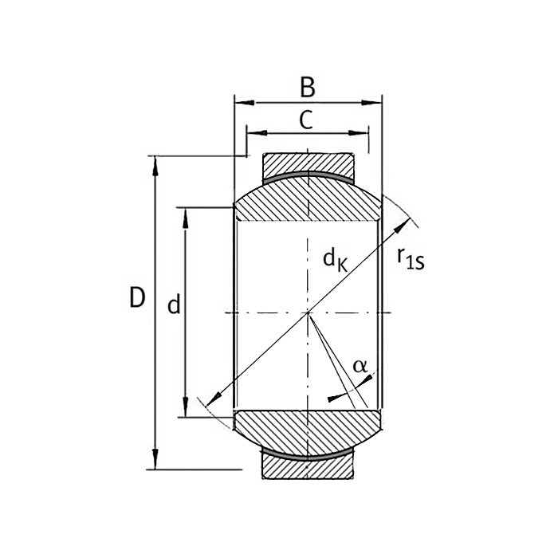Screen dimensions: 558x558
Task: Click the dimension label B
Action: point(307,84)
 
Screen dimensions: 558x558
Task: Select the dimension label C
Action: point(305,120)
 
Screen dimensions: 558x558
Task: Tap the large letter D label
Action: point(137,299)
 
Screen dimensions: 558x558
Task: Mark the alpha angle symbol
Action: point(360,366)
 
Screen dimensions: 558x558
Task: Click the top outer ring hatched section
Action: point(308,163)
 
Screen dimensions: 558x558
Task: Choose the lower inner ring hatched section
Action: point(308,430)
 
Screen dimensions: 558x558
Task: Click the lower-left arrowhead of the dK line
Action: point(212,401)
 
